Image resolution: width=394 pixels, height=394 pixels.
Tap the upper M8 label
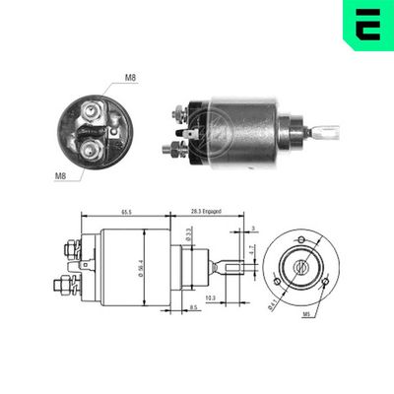pos(132,79)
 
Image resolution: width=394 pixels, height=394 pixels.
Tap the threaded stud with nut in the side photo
pos(178,150)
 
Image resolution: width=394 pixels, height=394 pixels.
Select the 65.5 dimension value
pos(127,211)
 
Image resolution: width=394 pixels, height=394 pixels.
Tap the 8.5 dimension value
pos(193,308)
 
